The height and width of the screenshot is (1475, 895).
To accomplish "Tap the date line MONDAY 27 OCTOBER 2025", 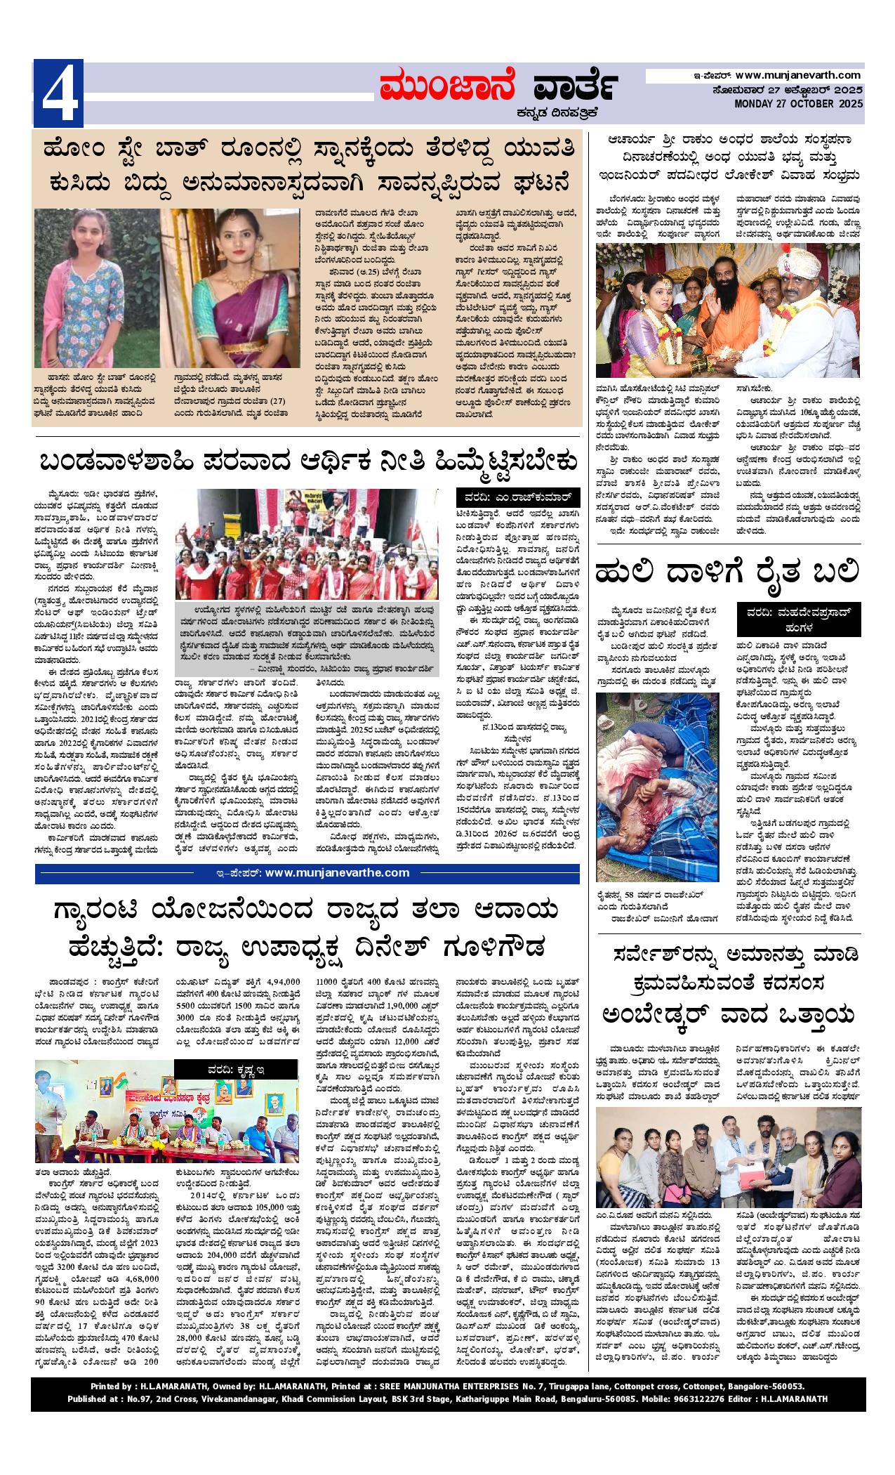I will click(x=798, y=104).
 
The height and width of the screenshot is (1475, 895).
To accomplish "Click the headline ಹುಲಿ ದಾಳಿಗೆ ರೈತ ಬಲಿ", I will click(x=727, y=572).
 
